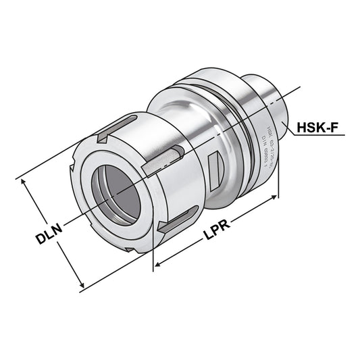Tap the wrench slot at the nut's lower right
[x=178, y=220]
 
